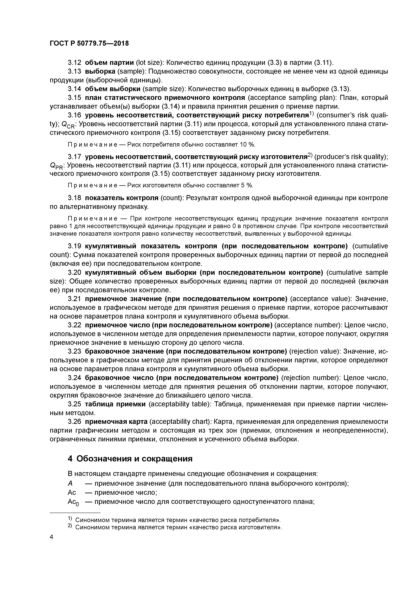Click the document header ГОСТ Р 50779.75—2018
(89, 44)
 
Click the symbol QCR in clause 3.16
(68, 125)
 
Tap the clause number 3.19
(74, 246)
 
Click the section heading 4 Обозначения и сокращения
(130, 459)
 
